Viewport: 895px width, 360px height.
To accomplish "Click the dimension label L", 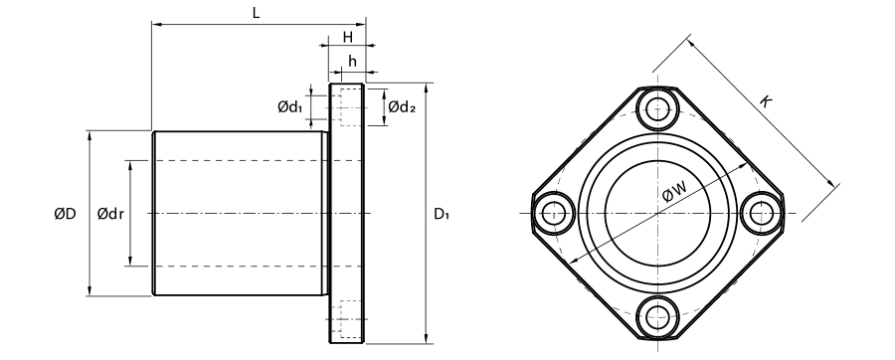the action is point(257,13).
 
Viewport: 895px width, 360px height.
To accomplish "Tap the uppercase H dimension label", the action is point(348,38).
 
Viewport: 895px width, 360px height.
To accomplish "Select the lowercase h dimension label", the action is point(352,61).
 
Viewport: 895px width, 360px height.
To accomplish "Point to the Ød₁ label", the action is point(290,106).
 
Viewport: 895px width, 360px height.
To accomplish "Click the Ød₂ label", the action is point(402,106).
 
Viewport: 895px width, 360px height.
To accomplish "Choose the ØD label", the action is point(65,214).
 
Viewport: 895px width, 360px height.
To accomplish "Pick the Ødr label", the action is point(110,214).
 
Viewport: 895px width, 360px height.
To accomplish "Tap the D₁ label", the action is point(442,214).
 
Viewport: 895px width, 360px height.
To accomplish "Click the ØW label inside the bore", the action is point(674,192).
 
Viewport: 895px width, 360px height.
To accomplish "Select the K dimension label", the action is point(766,102).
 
